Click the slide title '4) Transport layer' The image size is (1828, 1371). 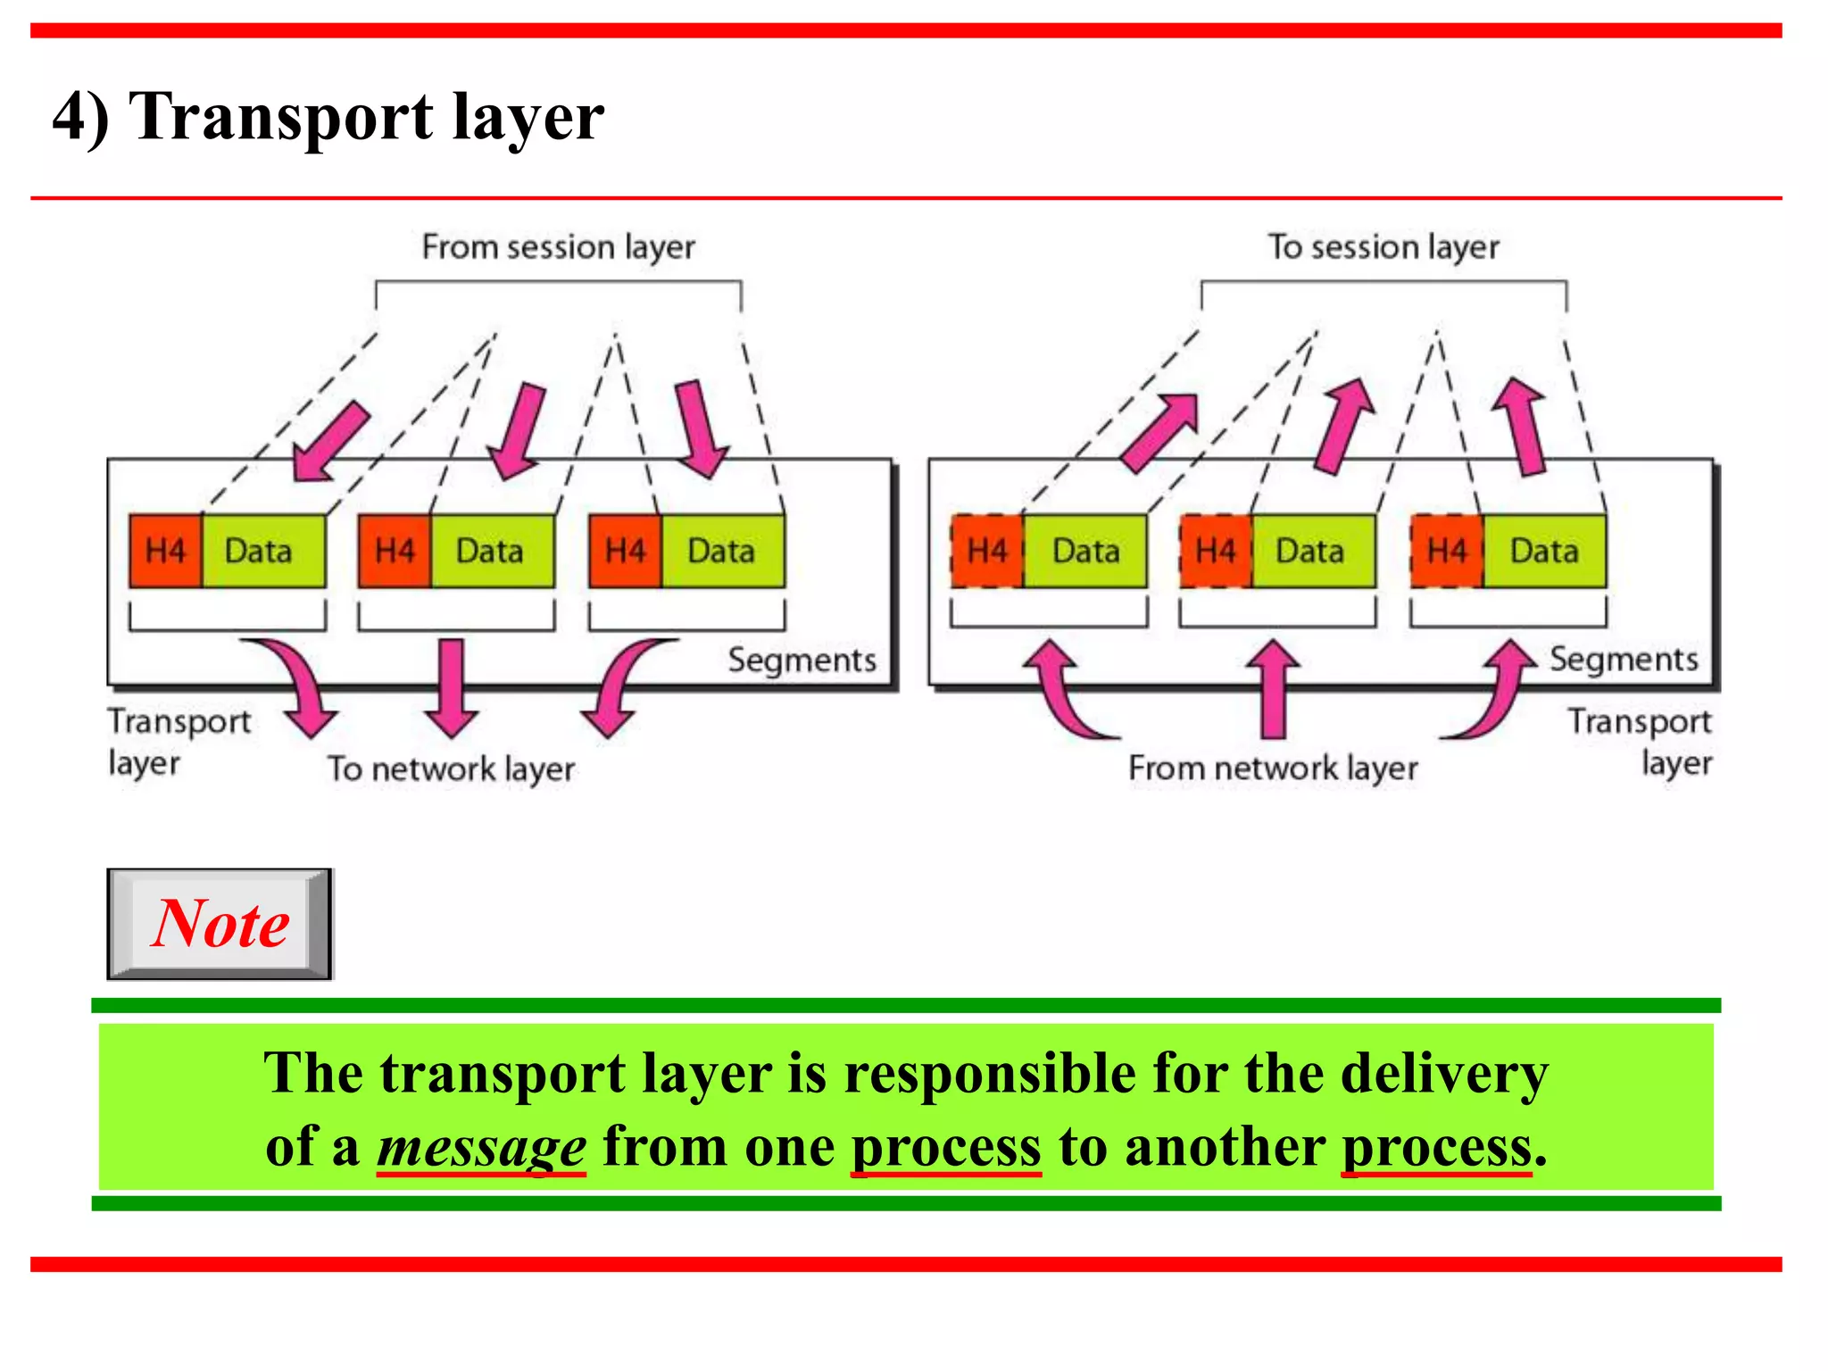(x=328, y=117)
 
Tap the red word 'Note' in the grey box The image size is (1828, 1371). (x=220, y=924)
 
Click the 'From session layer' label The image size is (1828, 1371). (x=558, y=246)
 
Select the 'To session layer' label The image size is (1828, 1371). (x=1383, y=246)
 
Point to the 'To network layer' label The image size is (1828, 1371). (x=451, y=769)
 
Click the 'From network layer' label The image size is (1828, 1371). (x=1273, y=768)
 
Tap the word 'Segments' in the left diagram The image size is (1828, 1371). (x=802, y=660)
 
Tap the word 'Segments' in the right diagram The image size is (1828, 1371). (x=1623, y=659)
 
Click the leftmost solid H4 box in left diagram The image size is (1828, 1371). (x=165, y=551)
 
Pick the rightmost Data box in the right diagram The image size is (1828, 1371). (x=1544, y=551)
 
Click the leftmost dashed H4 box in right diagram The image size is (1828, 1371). (x=986, y=551)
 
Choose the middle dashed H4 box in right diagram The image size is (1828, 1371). (x=1216, y=551)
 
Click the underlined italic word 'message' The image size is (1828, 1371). (x=482, y=1147)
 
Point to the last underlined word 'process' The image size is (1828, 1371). (x=1437, y=1147)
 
